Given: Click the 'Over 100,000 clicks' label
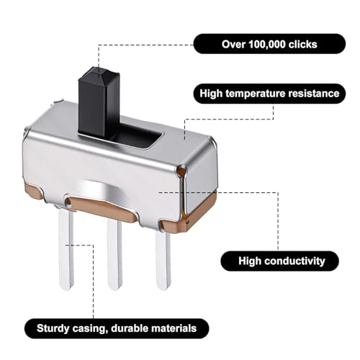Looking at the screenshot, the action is (x=269, y=44).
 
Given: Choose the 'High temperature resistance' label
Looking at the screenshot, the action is (x=269, y=94).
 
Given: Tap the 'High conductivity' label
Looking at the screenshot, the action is (x=280, y=261).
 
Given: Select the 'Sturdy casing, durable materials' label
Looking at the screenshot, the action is (x=117, y=328).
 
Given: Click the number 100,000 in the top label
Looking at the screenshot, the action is (x=267, y=45).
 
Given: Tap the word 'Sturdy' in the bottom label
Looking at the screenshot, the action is (x=53, y=329).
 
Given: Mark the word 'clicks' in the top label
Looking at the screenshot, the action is (x=303, y=45).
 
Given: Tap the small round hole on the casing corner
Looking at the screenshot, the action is (x=181, y=171).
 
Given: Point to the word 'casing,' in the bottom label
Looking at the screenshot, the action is (x=90, y=329).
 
